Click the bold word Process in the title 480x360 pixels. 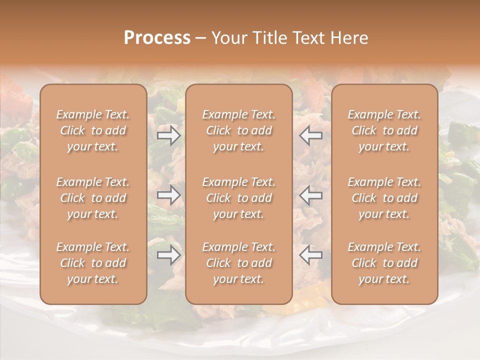(157, 38)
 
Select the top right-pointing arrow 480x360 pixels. (169, 135)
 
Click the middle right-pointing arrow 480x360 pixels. (169, 195)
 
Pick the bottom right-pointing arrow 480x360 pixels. (169, 255)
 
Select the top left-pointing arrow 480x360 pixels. (310, 135)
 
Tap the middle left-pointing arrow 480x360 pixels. (310, 195)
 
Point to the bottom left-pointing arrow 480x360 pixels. (310, 255)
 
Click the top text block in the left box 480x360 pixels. (93, 130)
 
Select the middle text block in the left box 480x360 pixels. (93, 198)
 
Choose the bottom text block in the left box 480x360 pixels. (93, 263)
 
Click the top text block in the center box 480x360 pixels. (239, 130)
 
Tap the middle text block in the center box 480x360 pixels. (239, 198)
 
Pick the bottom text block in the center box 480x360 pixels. (239, 263)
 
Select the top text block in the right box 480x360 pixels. (384, 130)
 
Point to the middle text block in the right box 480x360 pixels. (384, 198)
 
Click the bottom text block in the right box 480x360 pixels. (384, 263)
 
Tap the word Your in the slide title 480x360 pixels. (228, 38)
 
